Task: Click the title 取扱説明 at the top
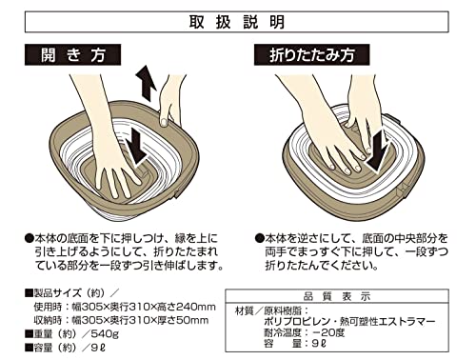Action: pos(237,22)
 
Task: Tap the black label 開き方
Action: pos(72,55)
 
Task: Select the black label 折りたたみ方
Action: pos(311,55)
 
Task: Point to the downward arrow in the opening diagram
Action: pos(136,148)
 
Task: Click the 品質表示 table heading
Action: pos(337,297)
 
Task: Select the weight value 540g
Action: pos(105,334)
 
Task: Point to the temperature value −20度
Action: pos(328,332)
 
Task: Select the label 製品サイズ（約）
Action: pos(68,292)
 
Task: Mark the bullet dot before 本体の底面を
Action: pos(29,238)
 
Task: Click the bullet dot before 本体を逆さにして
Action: pos(259,238)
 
